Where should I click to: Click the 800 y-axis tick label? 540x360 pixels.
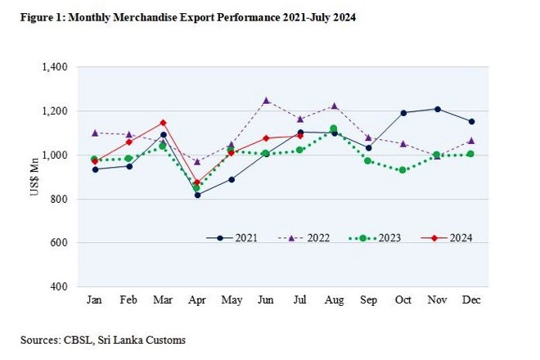click(59, 199)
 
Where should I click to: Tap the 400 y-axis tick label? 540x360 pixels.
click(59, 287)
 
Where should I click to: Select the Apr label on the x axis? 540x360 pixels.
click(196, 301)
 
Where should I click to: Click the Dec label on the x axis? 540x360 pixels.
click(470, 301)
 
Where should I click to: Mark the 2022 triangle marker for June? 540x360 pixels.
click(265, 101)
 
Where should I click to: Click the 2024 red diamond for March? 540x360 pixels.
click(163, 123)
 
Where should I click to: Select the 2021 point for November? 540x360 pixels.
click(437, 109)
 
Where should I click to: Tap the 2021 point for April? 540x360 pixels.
click(197, 195)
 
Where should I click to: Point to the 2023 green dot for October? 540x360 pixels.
click(402, 170)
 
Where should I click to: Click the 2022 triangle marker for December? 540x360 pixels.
click(470, 141)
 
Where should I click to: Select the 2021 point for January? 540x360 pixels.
click(94, 169)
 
